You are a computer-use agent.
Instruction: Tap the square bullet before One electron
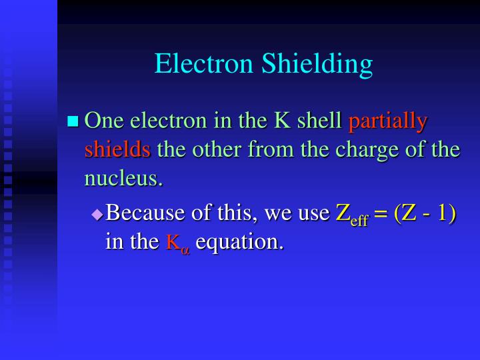click(x=73, y=121)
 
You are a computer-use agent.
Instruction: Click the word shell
click(x=319, y=121)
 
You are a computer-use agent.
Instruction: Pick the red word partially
click(x=388, y=122)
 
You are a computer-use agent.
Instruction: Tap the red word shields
click(x=117, y=149)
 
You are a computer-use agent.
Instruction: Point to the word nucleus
click(x=123, y=178)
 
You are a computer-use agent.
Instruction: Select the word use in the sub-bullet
click(x=313, y=214)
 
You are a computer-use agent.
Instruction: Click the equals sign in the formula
click(x=381, y=214)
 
